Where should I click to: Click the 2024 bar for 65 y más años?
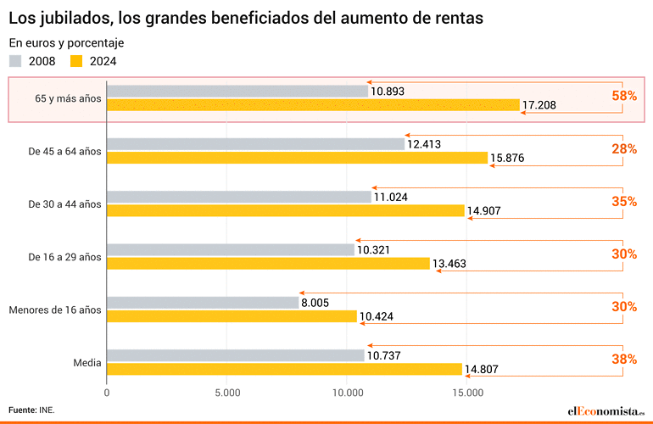(x=313, y=105)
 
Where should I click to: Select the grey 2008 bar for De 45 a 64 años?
(x=255, y=144)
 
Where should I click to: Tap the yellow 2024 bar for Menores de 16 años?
(x=232, y=316)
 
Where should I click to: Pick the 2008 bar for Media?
(x=235, y=355)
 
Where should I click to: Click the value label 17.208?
(x=539, y=106)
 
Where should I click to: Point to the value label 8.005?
(x=315, y=303)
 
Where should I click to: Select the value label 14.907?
(x=484, y=211)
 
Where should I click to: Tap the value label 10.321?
(x=373, y=250)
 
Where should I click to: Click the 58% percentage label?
(x=623, y=96)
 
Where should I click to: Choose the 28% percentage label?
(x=623, y=148)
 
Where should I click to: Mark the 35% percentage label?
(x=623, y=201)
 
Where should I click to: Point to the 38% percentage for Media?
(x=623, y=359)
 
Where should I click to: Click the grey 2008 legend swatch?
(x=16, y=60)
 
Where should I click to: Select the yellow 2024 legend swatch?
(x=77, y=60)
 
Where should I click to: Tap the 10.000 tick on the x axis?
(x=348, y=393)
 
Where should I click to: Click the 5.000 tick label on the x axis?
(x=227, y=393)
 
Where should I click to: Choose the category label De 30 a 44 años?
(x=64, y=204)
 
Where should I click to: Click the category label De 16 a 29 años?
(x=64, y=256)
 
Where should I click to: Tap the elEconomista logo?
(x=606, y=410)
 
